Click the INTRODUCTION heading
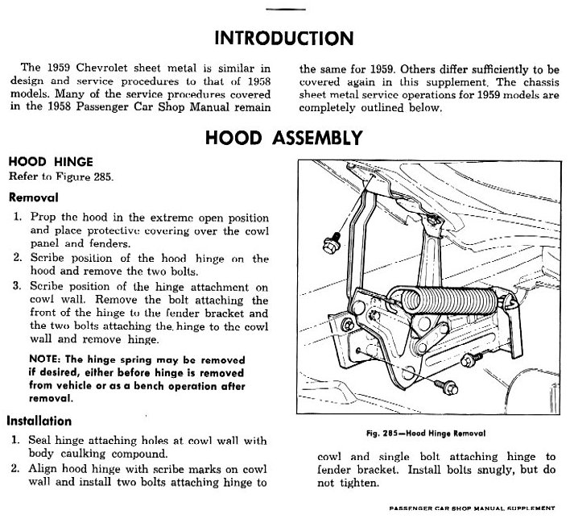point(284,38)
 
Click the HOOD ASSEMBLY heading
point(283,138)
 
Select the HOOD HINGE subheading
point(51,162)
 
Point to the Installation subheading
point(39,421)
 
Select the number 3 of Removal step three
point(16,286)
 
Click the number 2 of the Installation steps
point(16,469)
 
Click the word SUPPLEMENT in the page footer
point(525,508)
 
